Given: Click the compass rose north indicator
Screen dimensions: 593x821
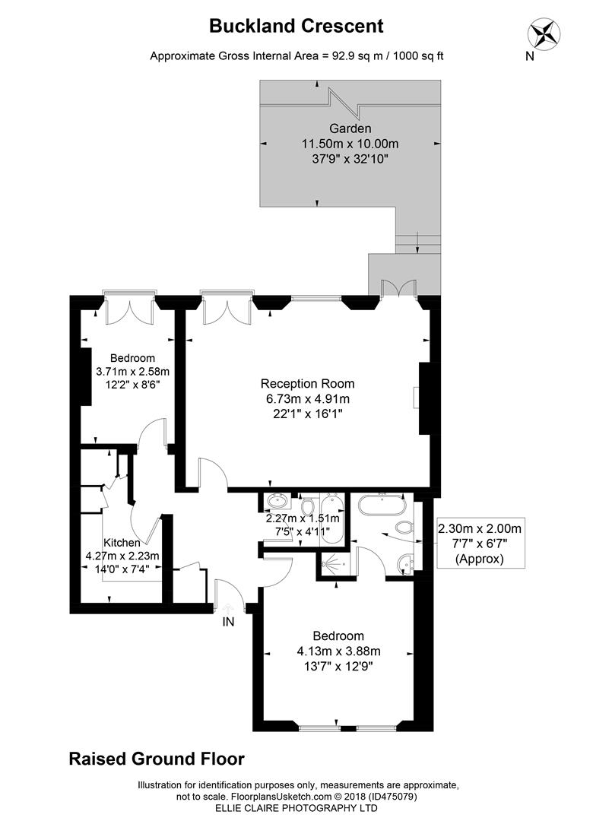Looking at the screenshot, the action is [545, 33].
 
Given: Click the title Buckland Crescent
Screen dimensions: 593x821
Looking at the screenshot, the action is [296, 26].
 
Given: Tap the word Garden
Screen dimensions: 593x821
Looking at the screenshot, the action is [350, 128].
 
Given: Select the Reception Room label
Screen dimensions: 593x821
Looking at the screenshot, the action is [307, 384].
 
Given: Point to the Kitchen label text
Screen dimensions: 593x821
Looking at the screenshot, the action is [122, 543].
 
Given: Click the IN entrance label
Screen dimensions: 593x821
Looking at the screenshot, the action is [228, 622].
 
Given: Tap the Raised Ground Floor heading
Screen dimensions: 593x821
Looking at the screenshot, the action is [157, 759].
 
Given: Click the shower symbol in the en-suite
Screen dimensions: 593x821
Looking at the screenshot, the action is [331, 564].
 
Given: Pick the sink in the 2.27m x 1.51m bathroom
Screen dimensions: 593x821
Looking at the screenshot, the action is [277, 501].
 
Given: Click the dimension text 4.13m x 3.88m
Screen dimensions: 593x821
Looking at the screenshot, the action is [338, 651].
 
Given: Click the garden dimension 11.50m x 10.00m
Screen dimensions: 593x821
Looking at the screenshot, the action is [350, 144].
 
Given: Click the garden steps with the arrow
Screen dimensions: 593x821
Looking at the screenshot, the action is [417, 243].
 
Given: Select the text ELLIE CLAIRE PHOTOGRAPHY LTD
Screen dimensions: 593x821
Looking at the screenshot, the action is [296, 808].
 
